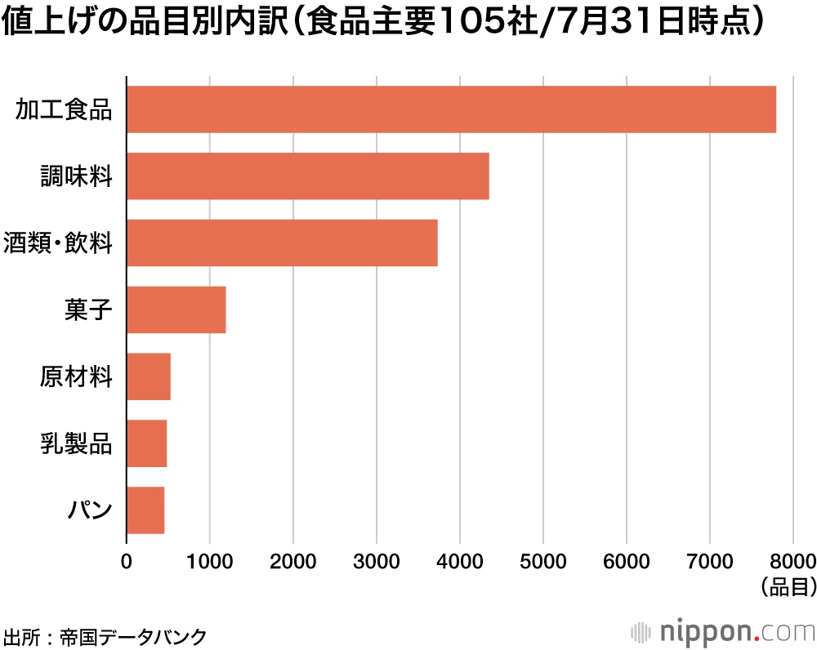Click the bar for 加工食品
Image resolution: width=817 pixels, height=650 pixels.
tap(451, 109)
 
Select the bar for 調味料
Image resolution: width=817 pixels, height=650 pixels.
tap(307, 176)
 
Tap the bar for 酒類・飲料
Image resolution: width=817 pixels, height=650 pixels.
tap(282, 243)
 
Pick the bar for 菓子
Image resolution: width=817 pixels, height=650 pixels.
tap(176, 309)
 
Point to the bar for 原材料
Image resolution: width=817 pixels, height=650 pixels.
tap(148, 376)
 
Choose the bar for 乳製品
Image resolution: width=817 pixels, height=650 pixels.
tap(146, 443)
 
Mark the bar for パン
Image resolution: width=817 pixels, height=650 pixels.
tap(145, 510)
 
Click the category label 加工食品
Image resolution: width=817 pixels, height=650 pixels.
tap(64, 109)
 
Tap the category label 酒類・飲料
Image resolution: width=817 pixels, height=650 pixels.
tap(58, 243)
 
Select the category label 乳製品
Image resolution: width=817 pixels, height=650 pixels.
tap(76, 444)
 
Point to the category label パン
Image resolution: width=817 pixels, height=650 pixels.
tap(88, 511)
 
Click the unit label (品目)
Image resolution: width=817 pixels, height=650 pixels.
tap(788, 586)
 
